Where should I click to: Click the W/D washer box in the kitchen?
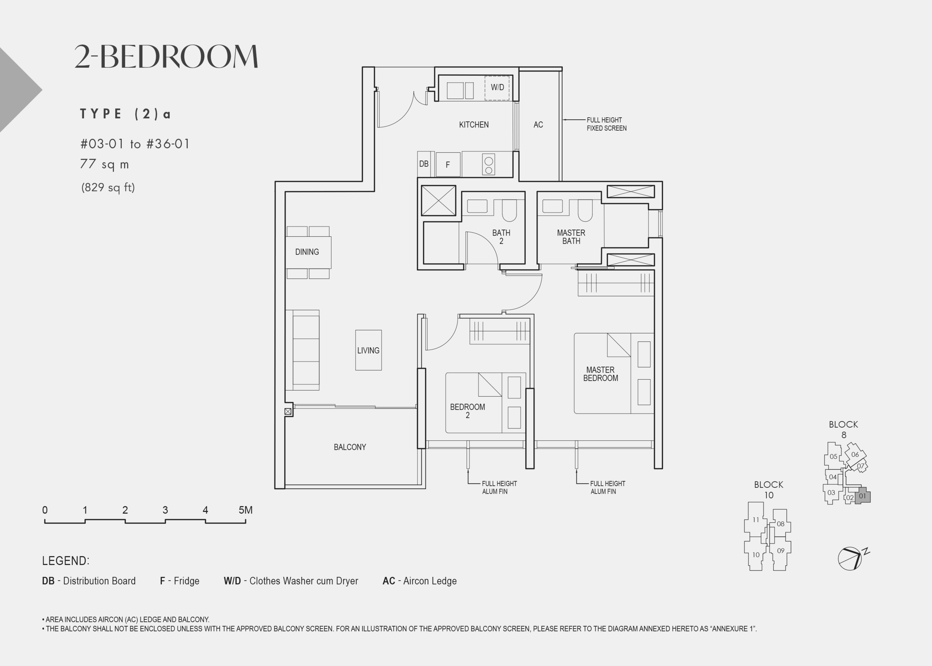[497, 88]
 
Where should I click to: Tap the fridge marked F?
[448, 164]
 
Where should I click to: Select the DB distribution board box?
[424, 164]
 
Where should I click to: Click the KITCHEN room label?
[473, 125]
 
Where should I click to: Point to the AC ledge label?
[538, 125]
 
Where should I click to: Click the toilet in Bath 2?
[510, 210]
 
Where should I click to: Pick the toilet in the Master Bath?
[585, 210]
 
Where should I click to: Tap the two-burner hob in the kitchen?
[488, 164]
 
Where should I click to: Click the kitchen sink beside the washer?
[460, 91]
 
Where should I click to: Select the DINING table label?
[307, 252]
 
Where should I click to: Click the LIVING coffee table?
[368, 350]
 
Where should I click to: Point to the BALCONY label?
[350, 447]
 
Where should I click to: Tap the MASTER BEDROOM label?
[600, 374]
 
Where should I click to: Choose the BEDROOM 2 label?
[467, 411]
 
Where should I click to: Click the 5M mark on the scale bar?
[246, 510]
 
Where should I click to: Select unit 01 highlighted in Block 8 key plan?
[862, 496]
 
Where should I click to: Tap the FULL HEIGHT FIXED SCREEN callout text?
[607, 124]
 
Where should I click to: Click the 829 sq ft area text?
[108, 188]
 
